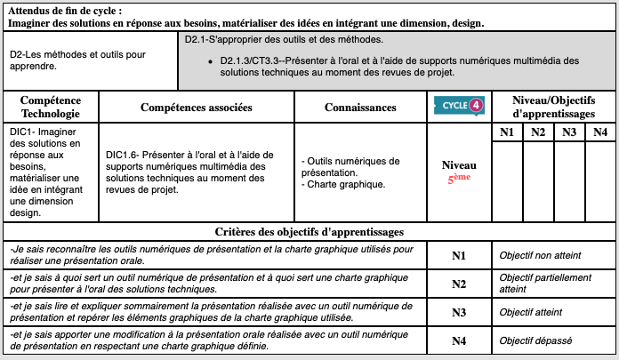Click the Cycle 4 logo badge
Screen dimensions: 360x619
pyautogui.click(x=460, y=107)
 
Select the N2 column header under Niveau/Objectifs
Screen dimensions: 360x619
pyautogui.click(x=538, y=132)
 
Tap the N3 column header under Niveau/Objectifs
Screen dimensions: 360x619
pyautogui.click(x=569, y=132)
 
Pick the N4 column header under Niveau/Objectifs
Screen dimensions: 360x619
pyautogui.click(x=600, y=132)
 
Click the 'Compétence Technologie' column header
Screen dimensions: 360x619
pyautogui.click(x=51, y=107)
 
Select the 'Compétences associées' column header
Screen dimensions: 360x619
pyautogui.click(x=197, y=108)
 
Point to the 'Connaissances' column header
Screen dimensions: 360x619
pyautogui.click(x=360, y=108)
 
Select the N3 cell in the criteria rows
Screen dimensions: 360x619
pyautogui.click(x=459, y=312)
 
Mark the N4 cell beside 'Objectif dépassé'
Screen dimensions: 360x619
pyautogui.click(x=459, y=340)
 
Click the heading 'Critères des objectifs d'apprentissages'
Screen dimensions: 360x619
pyautogui.click(x=309, y=232)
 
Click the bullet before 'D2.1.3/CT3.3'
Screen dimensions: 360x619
pyautogui.click(x=206, y=60)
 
